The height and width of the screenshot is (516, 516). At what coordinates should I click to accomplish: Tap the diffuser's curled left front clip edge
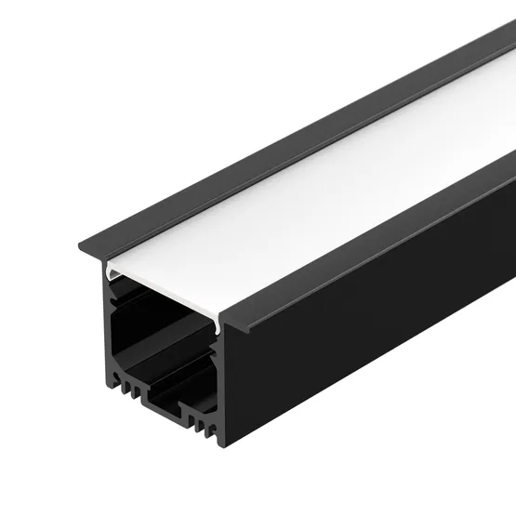click(x=110, y=272)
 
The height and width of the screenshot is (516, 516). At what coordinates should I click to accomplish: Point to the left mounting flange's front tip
click(x=84, y=244)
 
